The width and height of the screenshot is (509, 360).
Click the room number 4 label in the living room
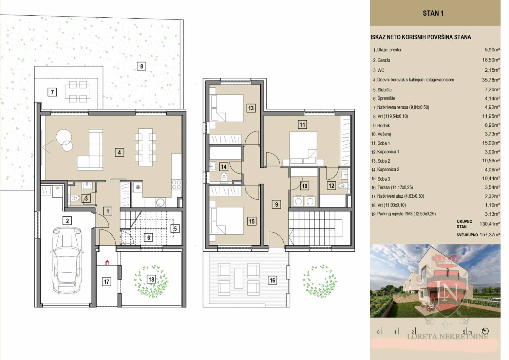(119, 152)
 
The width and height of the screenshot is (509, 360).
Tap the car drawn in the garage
(67, 260)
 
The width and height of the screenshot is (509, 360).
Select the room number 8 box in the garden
(142, 66)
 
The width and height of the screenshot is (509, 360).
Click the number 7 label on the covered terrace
(52, 92)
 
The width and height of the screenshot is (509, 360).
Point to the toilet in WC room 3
(74, 198)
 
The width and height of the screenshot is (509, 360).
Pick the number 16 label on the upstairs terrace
(272, 280)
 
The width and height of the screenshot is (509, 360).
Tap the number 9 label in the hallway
(276, 204)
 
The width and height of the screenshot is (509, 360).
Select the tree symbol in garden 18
(152, 282)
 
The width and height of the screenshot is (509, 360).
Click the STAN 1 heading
(433, 13)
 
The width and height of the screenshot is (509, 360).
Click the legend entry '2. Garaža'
(381, 60)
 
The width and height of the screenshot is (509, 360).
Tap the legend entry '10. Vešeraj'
(381, 134)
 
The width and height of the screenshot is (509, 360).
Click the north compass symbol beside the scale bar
(485, 331)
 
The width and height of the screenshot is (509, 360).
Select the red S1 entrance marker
(107, 263)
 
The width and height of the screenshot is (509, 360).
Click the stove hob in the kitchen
(176, 184)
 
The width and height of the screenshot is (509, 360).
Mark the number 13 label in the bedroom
(251, 108)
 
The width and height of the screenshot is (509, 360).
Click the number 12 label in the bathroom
(331, 185)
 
